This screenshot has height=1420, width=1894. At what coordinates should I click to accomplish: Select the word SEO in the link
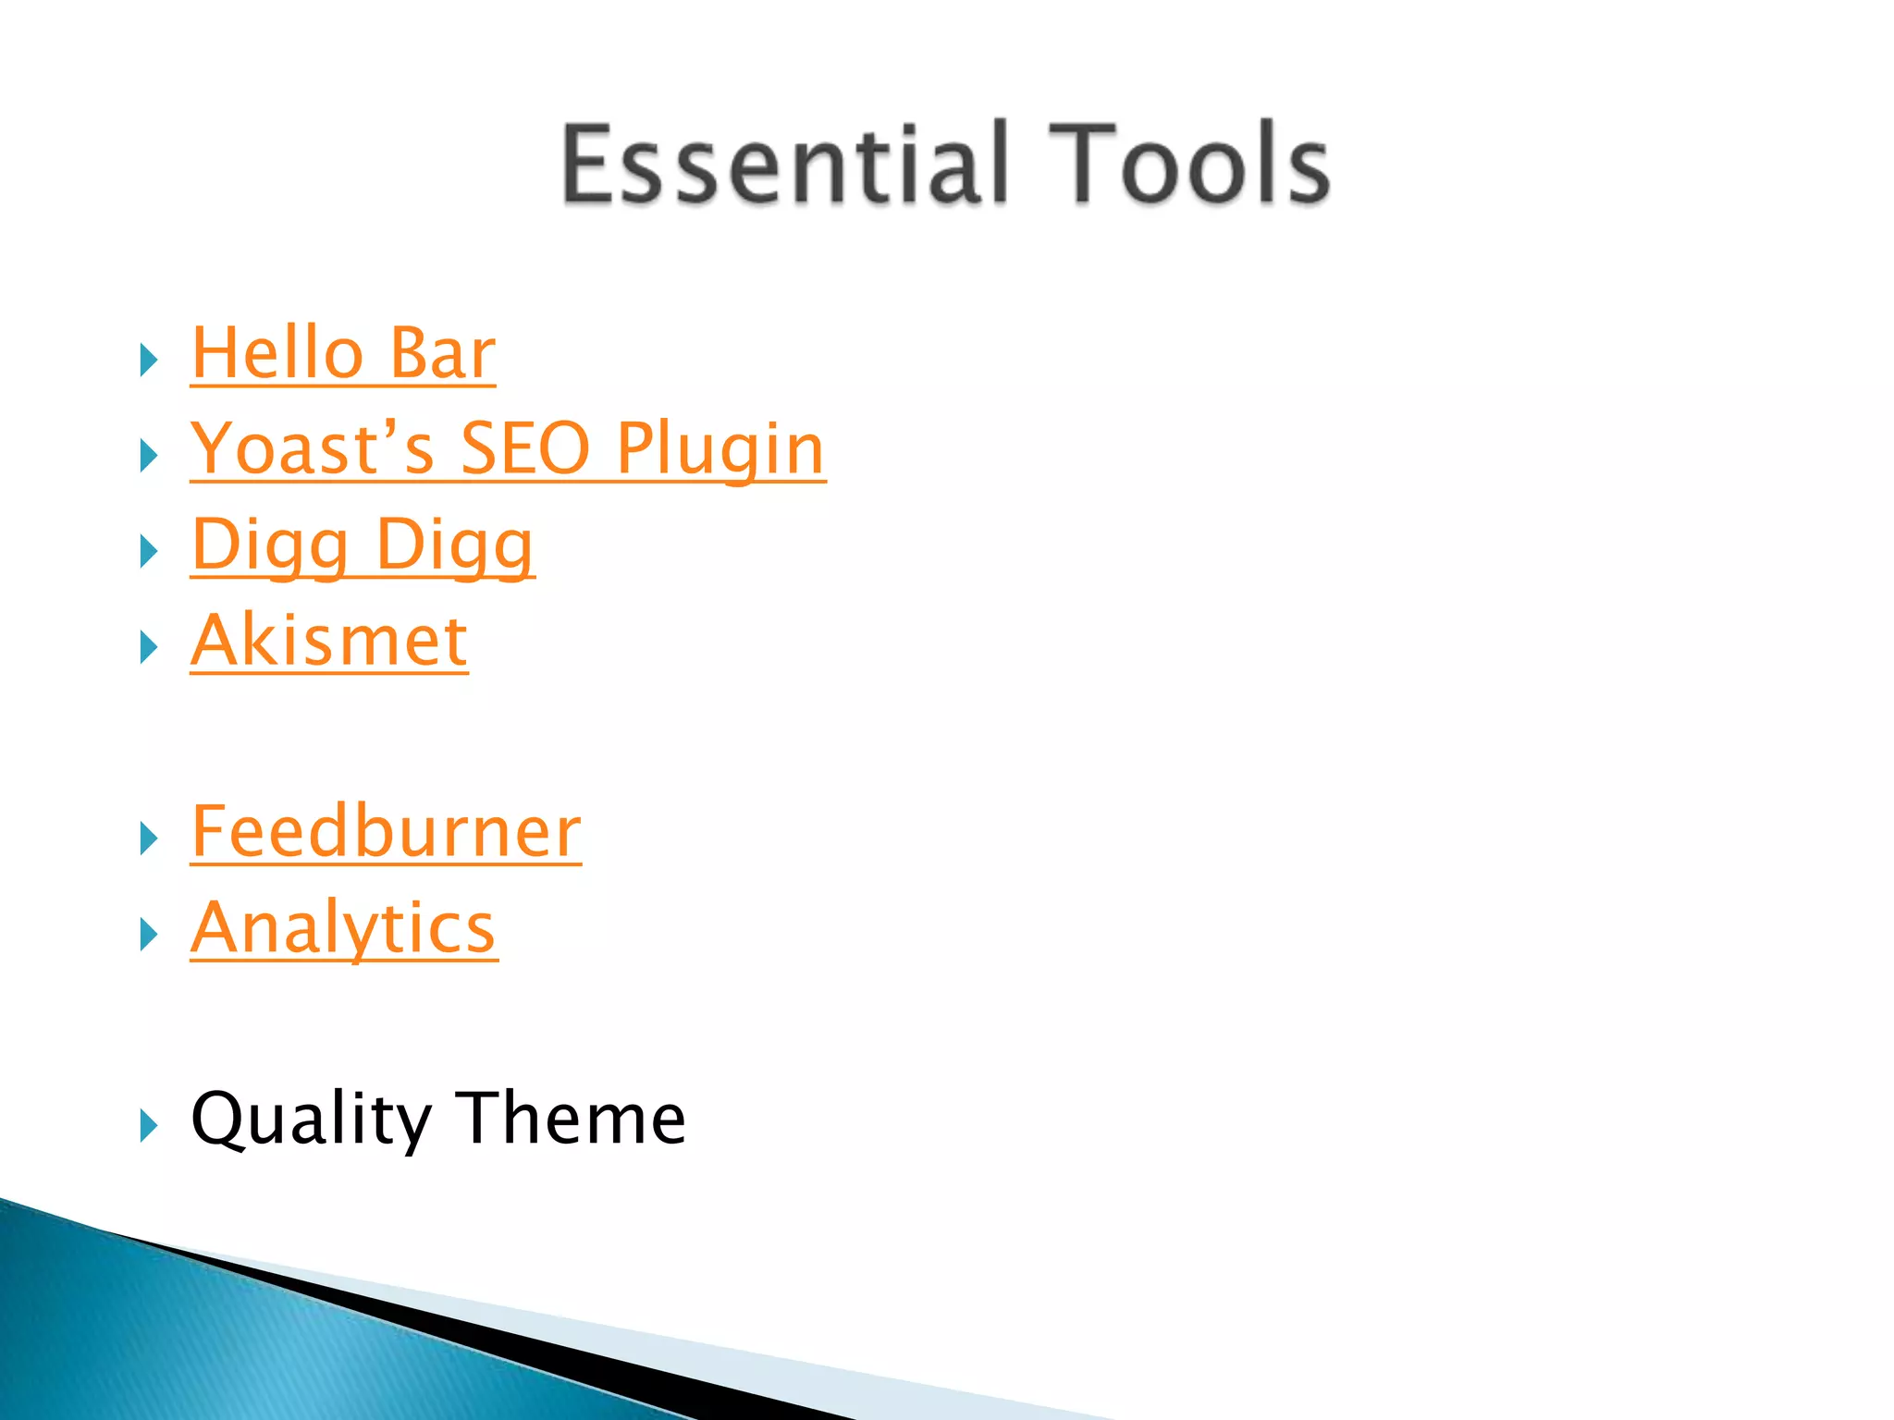[524, 448]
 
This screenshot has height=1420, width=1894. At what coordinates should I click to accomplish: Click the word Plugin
[720, 450]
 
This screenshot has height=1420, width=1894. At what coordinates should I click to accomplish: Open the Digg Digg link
[363, 545]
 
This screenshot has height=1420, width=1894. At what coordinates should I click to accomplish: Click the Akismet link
[329, 641]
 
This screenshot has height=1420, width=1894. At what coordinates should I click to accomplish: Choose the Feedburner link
[386, 832]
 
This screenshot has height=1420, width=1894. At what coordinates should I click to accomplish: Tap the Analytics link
[344, 928]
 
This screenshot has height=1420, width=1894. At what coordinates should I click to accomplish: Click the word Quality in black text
[311, 1119]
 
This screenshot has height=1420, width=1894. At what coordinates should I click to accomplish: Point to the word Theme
[572, 1119]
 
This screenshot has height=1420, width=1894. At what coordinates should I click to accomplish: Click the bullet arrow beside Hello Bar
[149, 360]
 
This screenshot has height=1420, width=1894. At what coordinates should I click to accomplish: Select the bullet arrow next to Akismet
[149, 647]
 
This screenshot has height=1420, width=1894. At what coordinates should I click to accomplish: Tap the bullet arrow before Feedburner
[149, 839]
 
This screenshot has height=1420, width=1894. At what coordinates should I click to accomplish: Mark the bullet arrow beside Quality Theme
[149, 1125]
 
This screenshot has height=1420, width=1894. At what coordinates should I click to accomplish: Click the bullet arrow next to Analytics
[149, 935]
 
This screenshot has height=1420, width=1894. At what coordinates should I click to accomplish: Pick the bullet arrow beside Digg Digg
[149, 552]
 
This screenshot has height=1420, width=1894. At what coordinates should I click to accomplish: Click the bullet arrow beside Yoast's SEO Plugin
[149, 456]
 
